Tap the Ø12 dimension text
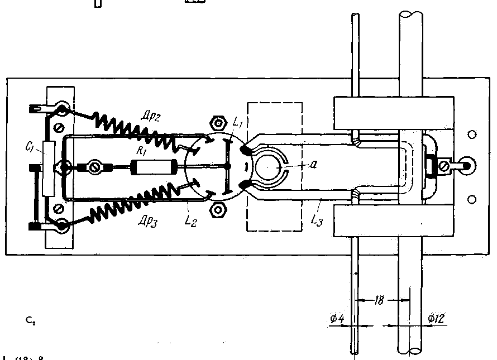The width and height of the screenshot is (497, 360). [x=436, y=319]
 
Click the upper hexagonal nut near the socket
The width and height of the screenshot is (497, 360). [x=218, y=123]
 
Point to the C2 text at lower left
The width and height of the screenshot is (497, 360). [x=30, y=321]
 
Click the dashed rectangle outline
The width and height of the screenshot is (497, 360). [x=274, y=103]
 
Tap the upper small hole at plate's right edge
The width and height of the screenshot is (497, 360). [x=472, y=135]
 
